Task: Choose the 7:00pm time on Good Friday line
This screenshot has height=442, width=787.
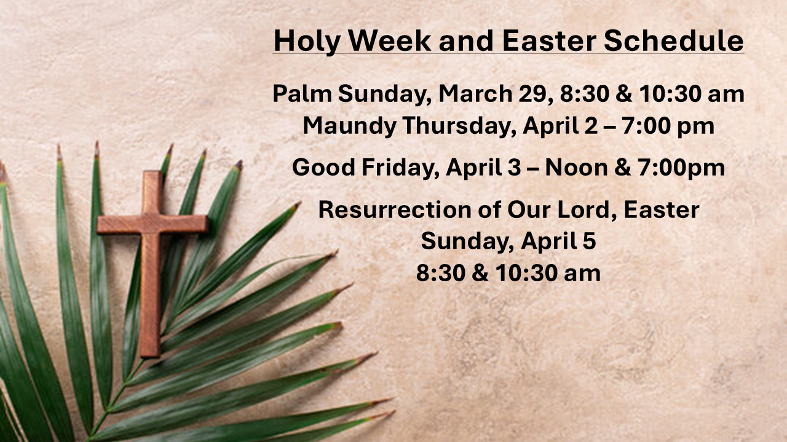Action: [x=678, y=168]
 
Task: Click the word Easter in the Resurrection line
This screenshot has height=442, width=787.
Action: [x=661, y=210]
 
